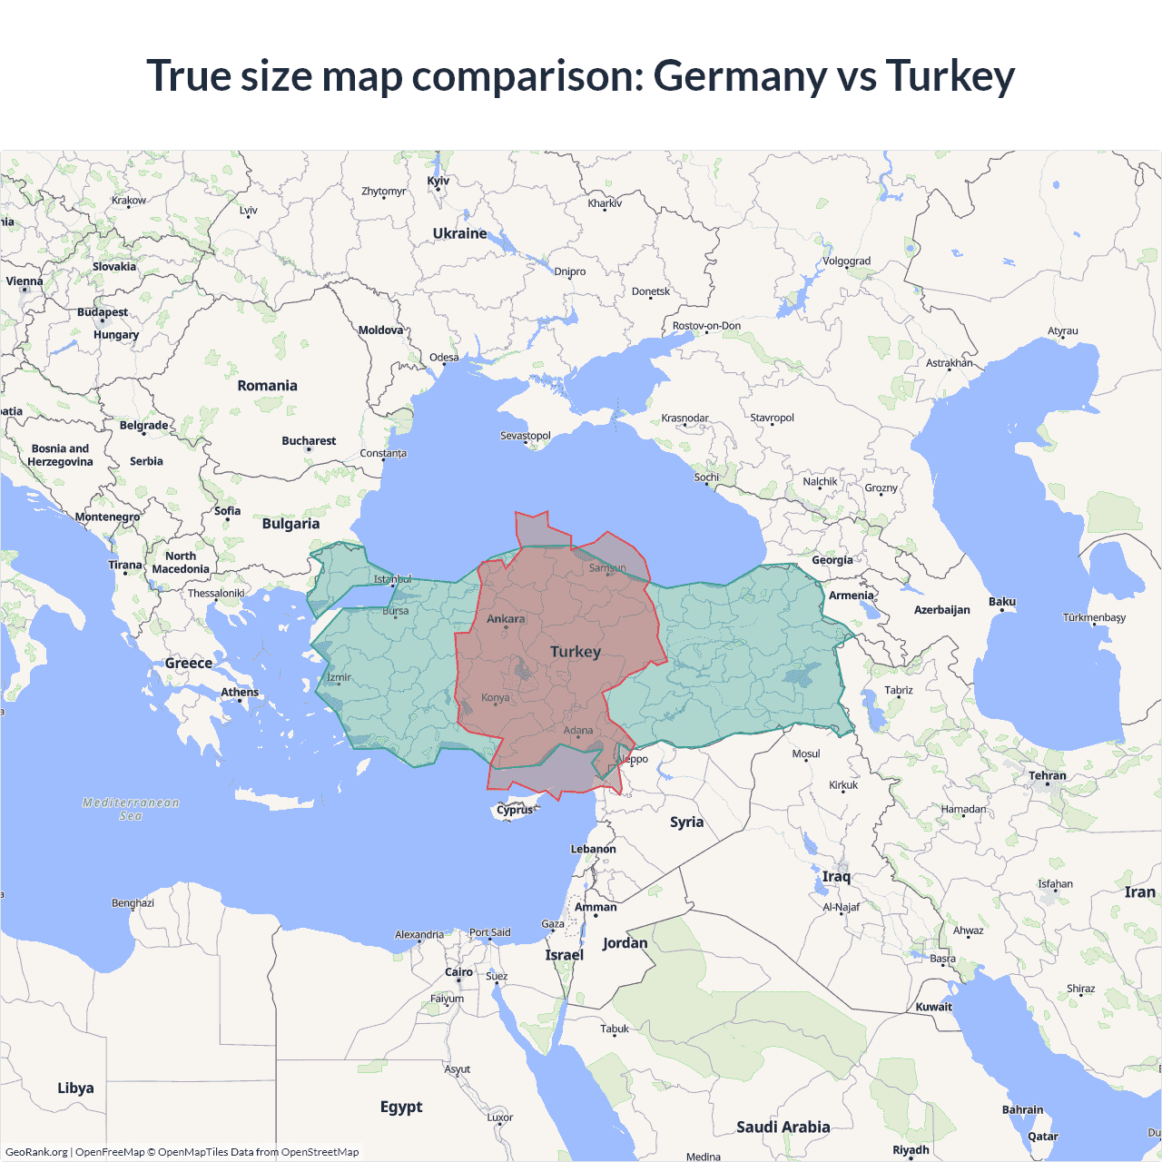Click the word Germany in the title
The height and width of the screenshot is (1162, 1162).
(x=739, y=76)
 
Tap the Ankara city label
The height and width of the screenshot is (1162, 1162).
(x=506, y=619)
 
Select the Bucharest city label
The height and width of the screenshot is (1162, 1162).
(x=309, y=441)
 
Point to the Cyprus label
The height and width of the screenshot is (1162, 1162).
(x=515, y=810)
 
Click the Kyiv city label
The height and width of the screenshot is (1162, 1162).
(x=438, y=181)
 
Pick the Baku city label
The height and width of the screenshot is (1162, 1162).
(x=1002, y=602)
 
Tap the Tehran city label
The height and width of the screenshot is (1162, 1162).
(x=1048, y=776)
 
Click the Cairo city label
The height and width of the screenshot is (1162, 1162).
(x=458, y=972)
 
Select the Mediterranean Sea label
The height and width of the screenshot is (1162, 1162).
(x=131, y=809)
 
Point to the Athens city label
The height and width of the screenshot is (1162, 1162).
(x=240, y=692)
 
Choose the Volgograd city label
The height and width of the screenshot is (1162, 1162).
(x=846, y=261)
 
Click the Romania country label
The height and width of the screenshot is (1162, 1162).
(x=267, y=386)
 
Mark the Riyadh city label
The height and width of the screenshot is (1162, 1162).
(x=911, y=1149)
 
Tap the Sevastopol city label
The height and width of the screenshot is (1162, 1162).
(x=526, y=436)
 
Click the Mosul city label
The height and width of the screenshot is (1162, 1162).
(x=806, y=754)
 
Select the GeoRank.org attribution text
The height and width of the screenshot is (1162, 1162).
(x=36, y=1152)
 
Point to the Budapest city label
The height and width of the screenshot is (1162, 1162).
(x=103, y=312)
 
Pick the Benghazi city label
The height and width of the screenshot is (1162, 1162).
(x=133, y=903)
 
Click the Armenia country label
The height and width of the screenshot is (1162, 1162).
(x=851, y=596)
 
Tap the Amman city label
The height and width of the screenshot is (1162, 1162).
(x=596, y=907)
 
